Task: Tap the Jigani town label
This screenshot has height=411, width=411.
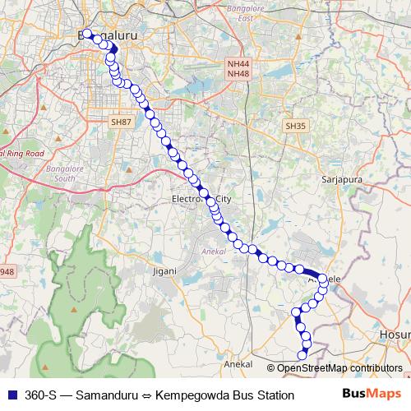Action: [165, 269]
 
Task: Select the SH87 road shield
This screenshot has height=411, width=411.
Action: [121, 122]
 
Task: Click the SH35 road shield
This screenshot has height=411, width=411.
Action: [295, 126]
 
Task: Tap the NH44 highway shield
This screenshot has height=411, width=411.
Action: [238, 63]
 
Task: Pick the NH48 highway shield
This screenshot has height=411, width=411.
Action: [238, 74]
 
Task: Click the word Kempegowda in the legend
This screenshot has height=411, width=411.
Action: [197, 395]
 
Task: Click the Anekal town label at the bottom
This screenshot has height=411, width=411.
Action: [238, 363]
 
